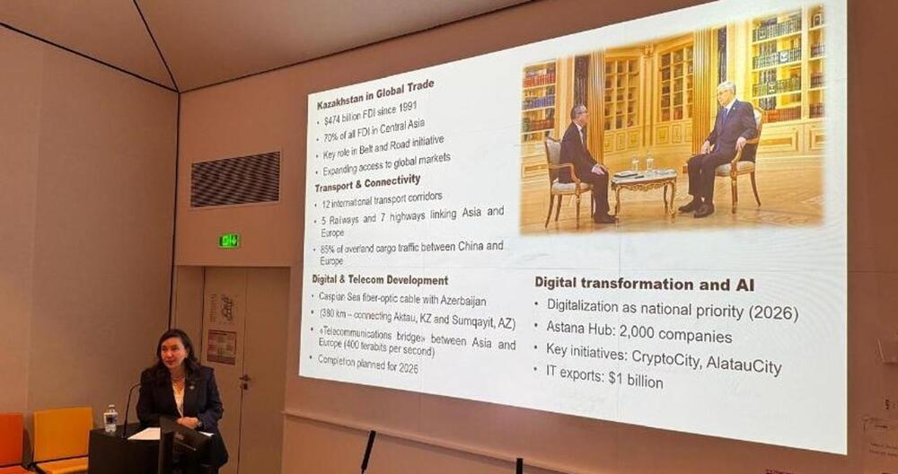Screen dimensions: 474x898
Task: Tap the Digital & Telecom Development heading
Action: click(x=381, y=280)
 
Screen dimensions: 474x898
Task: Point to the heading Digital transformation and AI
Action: click(x=644, y=285)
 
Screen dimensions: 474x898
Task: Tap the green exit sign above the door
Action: click(x=230, y=241)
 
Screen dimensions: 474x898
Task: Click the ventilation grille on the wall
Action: click(x=235, y=179)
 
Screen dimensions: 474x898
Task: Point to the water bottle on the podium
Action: click(x=110, y=418)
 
